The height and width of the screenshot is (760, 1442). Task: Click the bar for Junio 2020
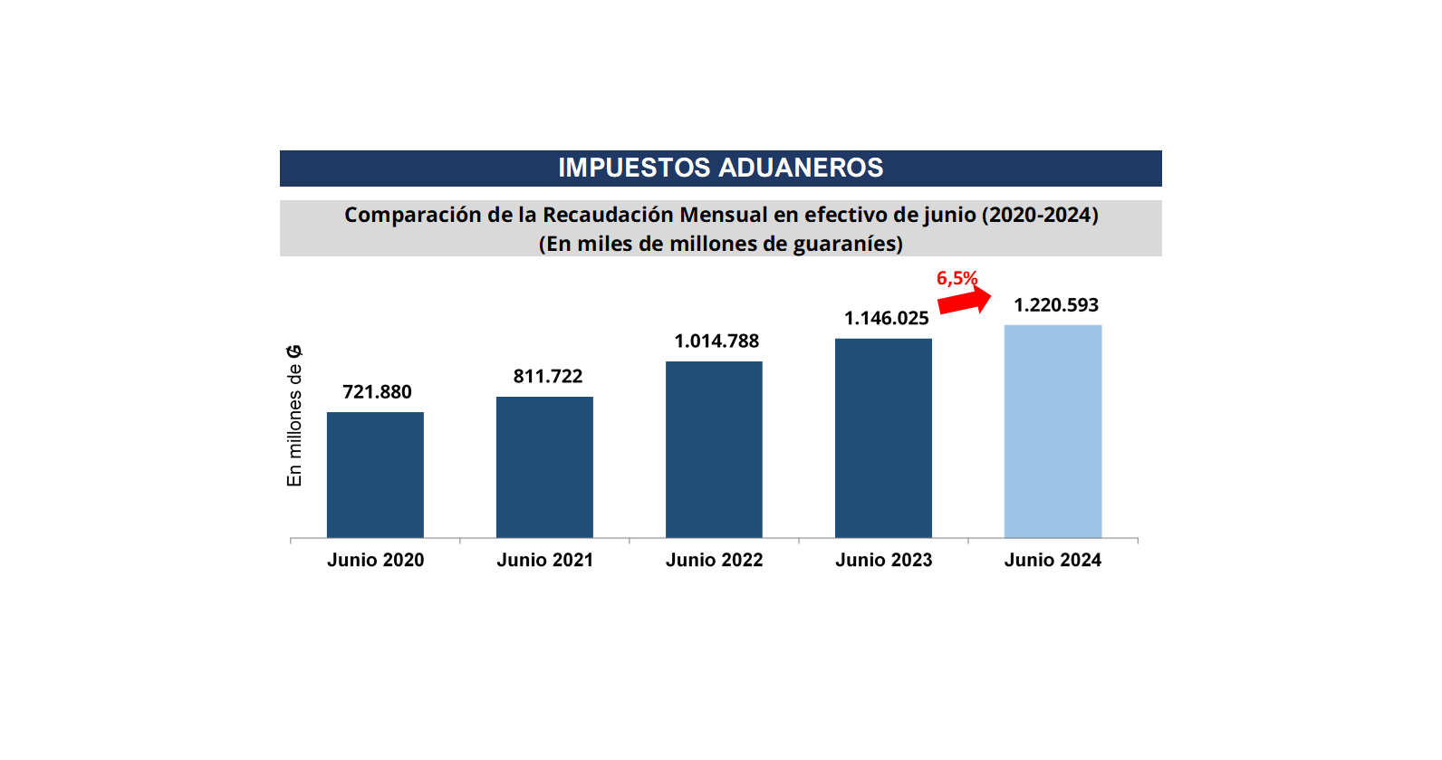(375, 475)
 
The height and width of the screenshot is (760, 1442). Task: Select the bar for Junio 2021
(544, 467)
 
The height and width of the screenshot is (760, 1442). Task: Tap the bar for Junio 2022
(714, 449)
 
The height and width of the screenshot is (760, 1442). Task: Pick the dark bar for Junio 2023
(883, 438)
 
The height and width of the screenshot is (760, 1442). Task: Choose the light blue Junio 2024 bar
(1053, 431)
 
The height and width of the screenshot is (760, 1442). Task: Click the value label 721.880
(377, 392)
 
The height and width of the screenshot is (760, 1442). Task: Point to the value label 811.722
(548, 377)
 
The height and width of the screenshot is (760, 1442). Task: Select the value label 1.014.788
(716, 342)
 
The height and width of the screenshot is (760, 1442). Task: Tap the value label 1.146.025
(886, 319)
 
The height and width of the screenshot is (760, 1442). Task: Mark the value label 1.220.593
(1055, 305)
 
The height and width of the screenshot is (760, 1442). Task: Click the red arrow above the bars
(964, 302)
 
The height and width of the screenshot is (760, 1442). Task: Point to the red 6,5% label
(957, 278)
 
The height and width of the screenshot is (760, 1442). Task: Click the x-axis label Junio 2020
(375, 560)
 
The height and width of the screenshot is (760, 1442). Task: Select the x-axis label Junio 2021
(544, 560)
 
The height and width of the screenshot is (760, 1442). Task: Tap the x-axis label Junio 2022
(714, 560)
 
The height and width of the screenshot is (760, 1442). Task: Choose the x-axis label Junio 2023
(883, 560)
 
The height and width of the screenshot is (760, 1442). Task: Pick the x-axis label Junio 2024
(1053, 560)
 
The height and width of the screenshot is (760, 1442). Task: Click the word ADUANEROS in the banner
(801, 168)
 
